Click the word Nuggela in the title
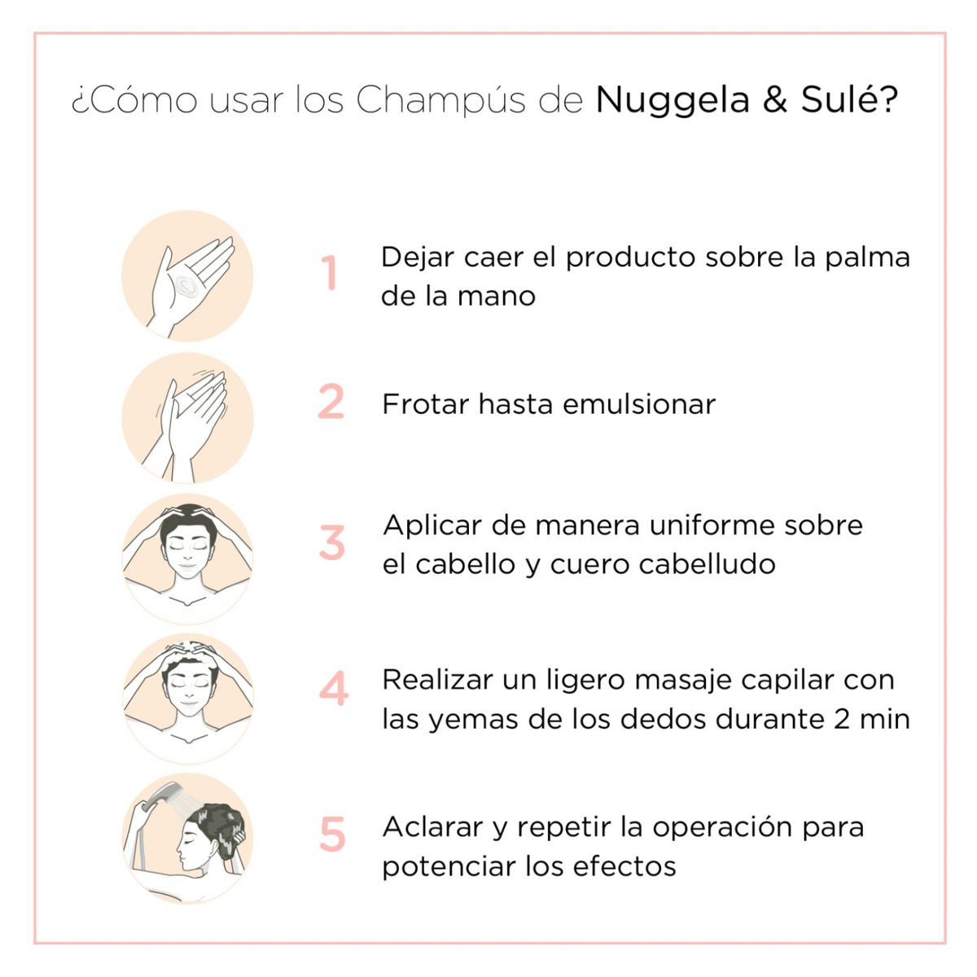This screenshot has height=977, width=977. click(x=673, y=101)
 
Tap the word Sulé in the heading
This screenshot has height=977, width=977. click(x=840, y=99)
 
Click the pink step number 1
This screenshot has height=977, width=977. click(x=330, y=273)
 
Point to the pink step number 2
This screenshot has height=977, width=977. click(x=331, y=401)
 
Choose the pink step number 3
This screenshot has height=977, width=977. click(x=332, y=543)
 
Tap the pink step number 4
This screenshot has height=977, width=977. click(x=334, y=689)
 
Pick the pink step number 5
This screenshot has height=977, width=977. click(x=332, y=835)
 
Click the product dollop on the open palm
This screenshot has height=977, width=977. click(x=186, y=285)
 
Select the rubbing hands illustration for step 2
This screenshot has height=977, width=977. click(x=187, y=418)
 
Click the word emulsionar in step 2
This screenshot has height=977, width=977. click(x=639, y=405)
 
